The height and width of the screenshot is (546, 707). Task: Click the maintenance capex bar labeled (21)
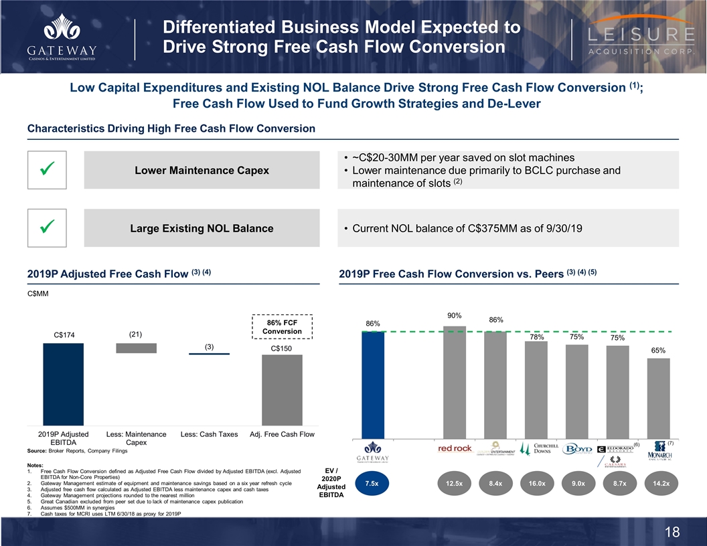coord(136,348)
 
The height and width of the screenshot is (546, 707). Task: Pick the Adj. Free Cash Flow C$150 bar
coord(282,389)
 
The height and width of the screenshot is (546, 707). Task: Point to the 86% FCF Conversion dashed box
coord(282,327)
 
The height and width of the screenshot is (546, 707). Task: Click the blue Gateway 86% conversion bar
coord(373,384)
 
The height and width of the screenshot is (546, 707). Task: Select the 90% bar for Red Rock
coord(455,381)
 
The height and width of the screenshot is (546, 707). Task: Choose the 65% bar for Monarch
coord(659,397)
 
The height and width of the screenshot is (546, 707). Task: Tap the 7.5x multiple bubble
coord(373,483)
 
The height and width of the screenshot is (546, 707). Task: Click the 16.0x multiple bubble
coord(536,483)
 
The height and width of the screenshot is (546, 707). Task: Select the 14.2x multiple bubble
coord(659,483)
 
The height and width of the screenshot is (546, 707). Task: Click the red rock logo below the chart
coord(455,448)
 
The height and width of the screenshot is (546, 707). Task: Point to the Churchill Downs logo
coord(536,449)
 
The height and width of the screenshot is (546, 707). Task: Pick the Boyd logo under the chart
coord(577,448)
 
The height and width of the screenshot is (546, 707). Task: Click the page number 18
coord(673,532)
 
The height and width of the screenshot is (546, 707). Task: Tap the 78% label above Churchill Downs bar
coord(536,339)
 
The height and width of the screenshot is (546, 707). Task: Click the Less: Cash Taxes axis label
coord(209,434)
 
